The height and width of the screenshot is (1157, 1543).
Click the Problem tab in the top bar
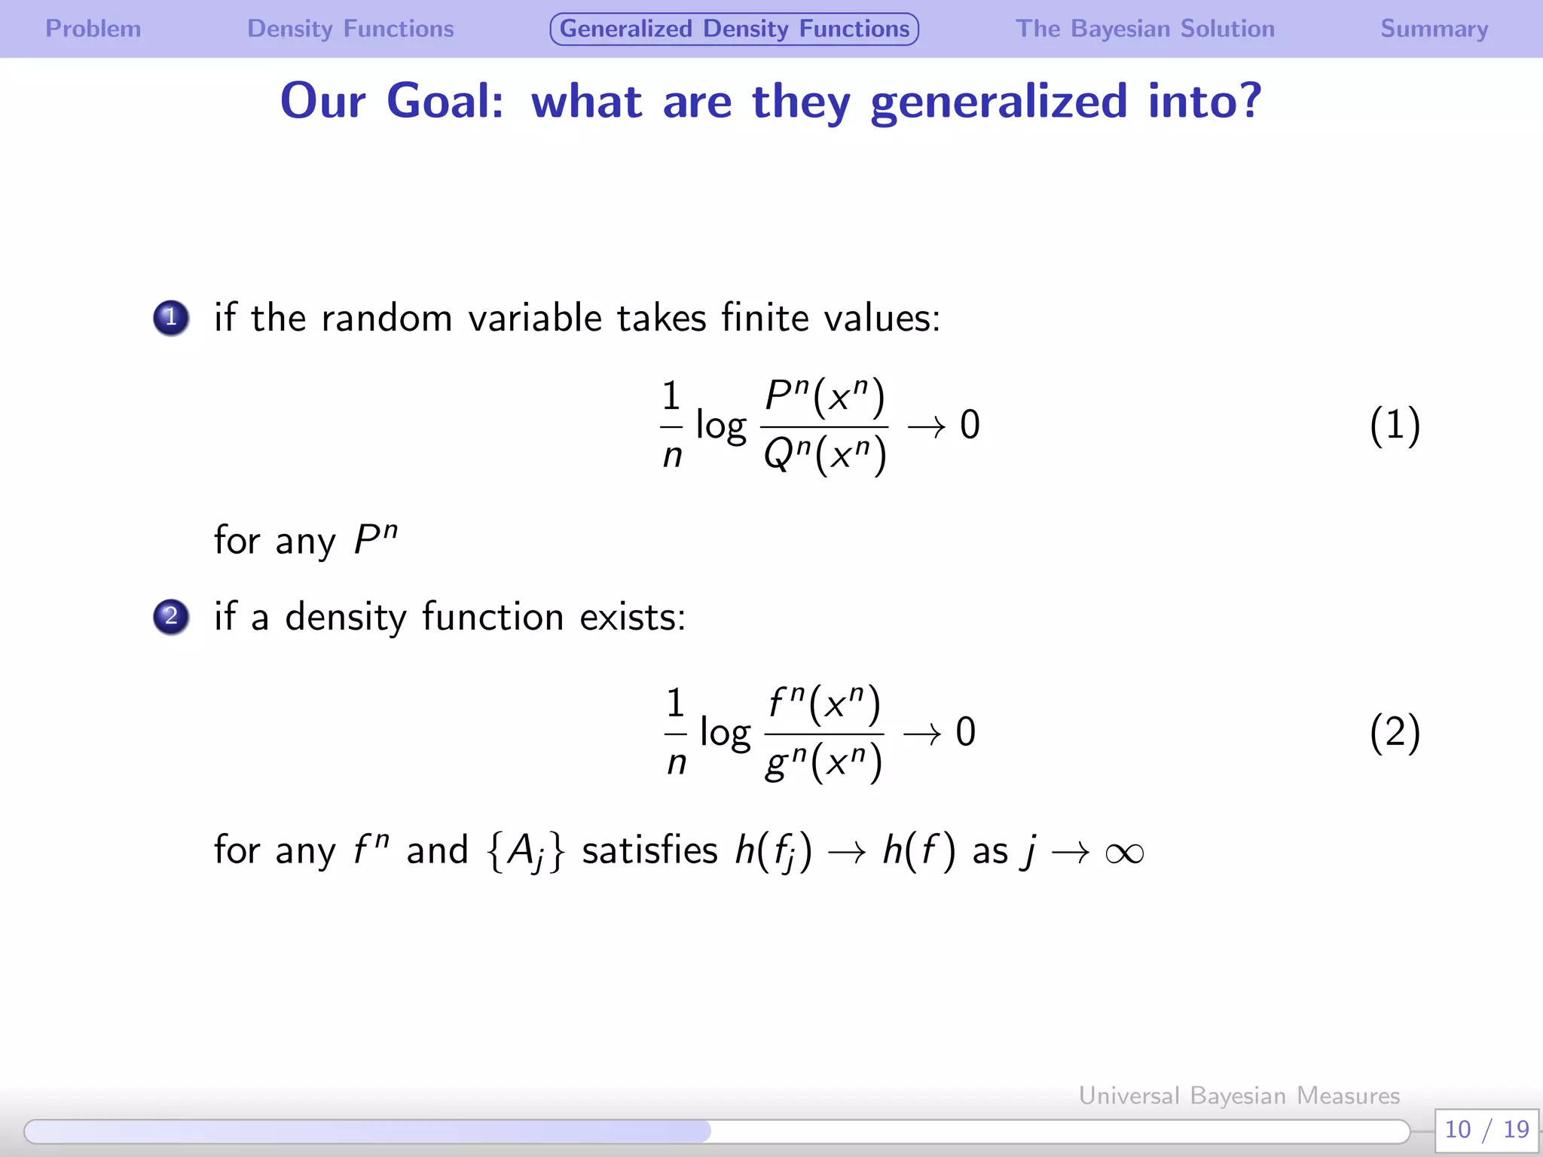click(x=93, y=29)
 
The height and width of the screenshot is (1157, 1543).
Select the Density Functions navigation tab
click(x=350, y=29)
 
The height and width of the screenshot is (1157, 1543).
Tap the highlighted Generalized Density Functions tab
click(x=734, y=29)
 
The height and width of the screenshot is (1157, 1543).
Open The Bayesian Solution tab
click(x=1144, y=29)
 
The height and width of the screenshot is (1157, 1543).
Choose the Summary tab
click(x=1434, y=29)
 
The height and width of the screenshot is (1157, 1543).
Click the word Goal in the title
click(x=445, y=100)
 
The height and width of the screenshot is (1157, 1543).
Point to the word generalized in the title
click(x=998, y=102)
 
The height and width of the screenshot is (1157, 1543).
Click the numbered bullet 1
click(x=171, y=317)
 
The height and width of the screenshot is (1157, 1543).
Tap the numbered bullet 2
click(x=171, y=616)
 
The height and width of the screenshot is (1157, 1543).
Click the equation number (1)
click(x=1395, y=425)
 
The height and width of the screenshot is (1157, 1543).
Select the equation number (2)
click(x=1395, y=732)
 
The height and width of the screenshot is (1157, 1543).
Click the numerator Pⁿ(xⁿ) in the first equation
click(x=824, y=397)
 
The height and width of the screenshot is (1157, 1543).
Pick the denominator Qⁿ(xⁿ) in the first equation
click(x=824, y=454)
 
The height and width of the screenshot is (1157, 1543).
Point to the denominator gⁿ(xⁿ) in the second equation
click(x=823, y=762)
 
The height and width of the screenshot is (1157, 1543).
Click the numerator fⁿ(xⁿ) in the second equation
click(x=823, y=704)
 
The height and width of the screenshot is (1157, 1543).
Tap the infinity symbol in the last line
click(x=1124, y=853)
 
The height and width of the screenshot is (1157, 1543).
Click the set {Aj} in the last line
click(x=526, y=852)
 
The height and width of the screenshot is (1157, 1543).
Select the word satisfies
click(x=649, y=850)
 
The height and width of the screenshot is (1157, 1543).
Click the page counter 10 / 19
click(x=1486, y=1129)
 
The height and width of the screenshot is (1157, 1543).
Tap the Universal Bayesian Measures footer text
click(x=1239, y=1095)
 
